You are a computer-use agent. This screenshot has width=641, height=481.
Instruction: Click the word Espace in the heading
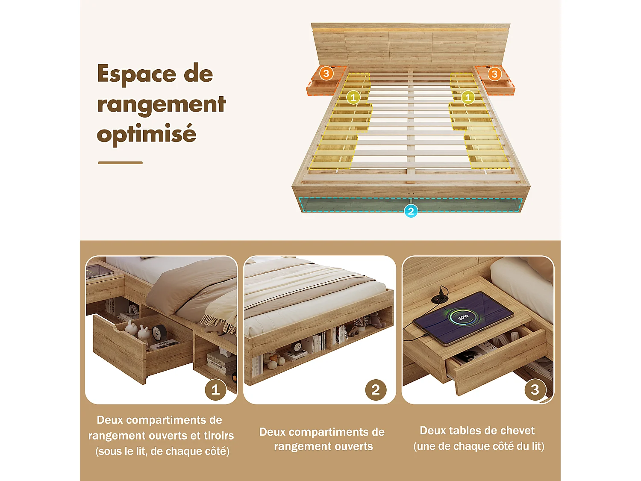136,74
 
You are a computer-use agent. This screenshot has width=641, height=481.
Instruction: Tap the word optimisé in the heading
146,134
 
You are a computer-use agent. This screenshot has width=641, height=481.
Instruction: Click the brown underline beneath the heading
120,163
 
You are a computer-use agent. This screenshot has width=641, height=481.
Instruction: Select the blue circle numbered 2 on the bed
411,211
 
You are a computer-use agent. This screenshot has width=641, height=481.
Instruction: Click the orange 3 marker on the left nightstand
326,74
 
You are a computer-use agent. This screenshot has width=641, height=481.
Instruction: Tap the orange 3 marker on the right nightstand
494,74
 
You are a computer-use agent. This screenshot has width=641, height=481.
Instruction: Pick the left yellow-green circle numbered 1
353,97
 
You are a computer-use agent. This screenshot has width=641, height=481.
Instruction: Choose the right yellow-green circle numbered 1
468,97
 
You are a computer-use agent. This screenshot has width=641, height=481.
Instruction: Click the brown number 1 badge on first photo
215,390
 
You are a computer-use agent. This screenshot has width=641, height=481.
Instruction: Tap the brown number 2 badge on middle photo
376,390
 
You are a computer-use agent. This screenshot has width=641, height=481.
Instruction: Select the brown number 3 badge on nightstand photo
535,390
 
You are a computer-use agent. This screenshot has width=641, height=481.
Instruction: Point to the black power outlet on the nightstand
439,298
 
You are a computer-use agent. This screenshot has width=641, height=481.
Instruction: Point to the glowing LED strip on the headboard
410,30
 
